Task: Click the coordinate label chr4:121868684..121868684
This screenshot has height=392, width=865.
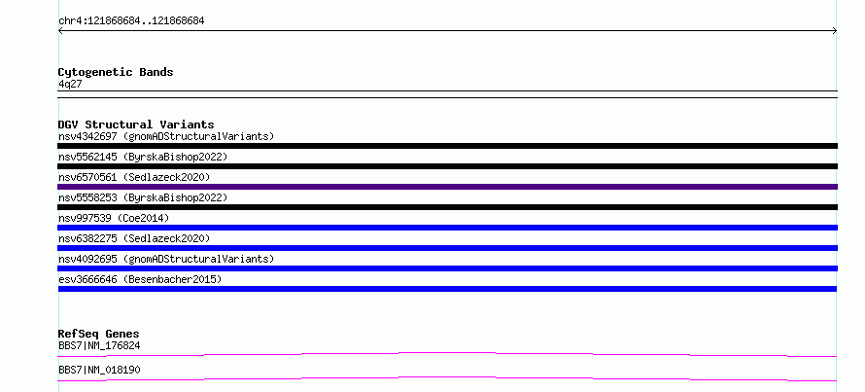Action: pyautogui.click(x=131, y=21)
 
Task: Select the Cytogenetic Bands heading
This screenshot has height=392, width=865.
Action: pyautogui.click(x=116, y=72)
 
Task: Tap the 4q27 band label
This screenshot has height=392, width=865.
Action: pyautogui.click(x=70, y=84)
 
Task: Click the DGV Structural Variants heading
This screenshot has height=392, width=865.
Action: pyautogui.click(x=136, y=125)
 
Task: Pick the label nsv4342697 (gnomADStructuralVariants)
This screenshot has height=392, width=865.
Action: pyautogui.click(x=166, y=136)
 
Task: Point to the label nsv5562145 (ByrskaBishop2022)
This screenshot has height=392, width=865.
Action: pyautogui.click(x=143, y=157)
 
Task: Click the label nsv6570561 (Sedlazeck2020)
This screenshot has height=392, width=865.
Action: pyautogui.click(x=134, y=177)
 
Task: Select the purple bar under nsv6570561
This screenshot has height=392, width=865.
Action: pyautogui.click(x=447, y=187)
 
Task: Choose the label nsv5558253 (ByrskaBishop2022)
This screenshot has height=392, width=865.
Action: pyautogui.click(x=143, y=197)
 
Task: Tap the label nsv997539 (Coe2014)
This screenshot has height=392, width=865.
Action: pyautogui.click(x=114, y=218)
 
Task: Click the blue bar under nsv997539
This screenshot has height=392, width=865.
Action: pyautogui.click(x=447, y=228)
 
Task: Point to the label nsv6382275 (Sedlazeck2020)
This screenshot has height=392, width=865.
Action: pyautogui.click(x=134, y=238)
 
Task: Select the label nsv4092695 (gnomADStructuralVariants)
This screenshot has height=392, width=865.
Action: pyautogui.click(x=166, y=259)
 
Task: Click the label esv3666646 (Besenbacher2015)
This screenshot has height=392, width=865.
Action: pyautogui.click(x=140, y=279)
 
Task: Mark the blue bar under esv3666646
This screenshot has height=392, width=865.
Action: pyautogui.click(x=447, y=289)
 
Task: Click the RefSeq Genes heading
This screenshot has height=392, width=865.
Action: pyautogui.click(x=99, y=334)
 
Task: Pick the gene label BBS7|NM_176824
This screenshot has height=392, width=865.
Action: pyautogui.click(x=99, y=345)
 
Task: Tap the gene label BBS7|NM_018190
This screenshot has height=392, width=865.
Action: pyautogui.click(x=99, y=370)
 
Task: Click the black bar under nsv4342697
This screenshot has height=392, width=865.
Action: pyautogui.click(x=447, y=146)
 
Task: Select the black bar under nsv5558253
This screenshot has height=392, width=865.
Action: pyautogui.click(x=447, y=207)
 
